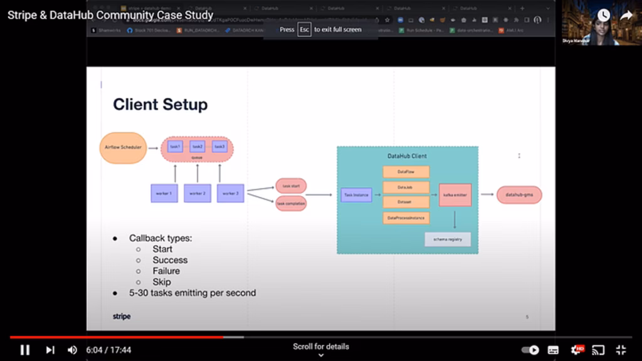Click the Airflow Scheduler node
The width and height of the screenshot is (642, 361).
click(123, 148)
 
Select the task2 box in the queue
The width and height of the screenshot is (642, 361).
click(197, 147)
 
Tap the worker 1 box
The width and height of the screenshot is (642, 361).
click(164, 193)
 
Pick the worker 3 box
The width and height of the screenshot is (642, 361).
click(230, 193)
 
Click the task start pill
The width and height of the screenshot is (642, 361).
click(291, 186)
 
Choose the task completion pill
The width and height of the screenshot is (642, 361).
click(291, 204)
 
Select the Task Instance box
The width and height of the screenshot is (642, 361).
click(356, 196)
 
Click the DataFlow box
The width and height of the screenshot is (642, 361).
click(406, 172)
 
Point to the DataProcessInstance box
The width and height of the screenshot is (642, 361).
click(406, 218)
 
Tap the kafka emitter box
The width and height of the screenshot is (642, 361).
click(455, 195)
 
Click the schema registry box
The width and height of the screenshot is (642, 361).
click(448, 239)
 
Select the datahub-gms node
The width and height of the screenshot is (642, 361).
click(518, 195)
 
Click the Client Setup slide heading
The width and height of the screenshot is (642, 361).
click(160, 104)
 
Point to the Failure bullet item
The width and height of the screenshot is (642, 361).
click(166, 271)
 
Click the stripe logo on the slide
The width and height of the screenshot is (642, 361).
click(122, 317)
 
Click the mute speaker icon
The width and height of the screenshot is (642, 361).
click(72, 350)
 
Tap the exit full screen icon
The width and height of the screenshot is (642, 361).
click(621, 350)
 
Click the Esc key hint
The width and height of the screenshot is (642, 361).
click(304, 29)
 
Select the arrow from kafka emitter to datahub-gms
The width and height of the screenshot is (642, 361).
click(487, 195)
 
